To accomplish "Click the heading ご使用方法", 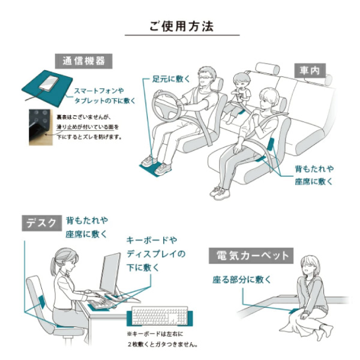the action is pyautogui.click(x=182, y=26).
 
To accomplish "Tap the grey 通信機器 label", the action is pyautogui.click(x=83, y=61).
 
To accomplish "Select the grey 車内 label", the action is pyautogui.click(x=310, y=70).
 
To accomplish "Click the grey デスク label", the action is pyautogui.click(x=41, y=223).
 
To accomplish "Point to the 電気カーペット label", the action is pyautogui.click(x=251, y=256).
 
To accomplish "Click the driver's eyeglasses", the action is pyautogui.click(x=205, y=77).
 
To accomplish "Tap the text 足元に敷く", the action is pyautogui.click(x=172, y=79).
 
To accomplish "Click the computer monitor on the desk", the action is pyautogui.click(x=110, y=275).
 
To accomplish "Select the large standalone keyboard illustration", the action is pyautogui.click(x=160, y=316).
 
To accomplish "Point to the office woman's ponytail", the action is pyautogui.click(x=53, y=267).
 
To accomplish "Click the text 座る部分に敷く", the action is pyautogui.click(x=242, y=280).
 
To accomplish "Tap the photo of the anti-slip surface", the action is pyautogui.click(x=41, y=127).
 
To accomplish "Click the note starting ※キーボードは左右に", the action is pyautogui.click(x=162, y=340).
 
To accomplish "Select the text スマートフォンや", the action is pyautogui.click(x=99, y=91).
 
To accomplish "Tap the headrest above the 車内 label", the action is pyautogui.click(x=267, y=68).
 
